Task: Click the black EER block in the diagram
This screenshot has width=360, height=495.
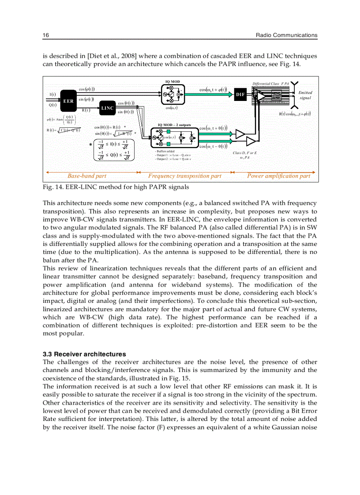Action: [x=68, y=100]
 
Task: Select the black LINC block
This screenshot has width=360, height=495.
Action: [x=107, y=108]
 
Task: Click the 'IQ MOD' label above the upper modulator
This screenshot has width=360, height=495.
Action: [x=172, y=82]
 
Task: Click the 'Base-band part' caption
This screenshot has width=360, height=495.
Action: [x=87, y=176]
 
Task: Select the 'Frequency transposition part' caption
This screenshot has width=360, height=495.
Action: [x=184, y=176]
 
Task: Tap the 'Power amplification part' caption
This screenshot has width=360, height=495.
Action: [x=278, y=176]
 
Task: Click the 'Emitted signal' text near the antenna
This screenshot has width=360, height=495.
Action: [x=305, y=95]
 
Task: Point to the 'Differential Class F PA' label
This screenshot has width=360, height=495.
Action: [x=270, y=83]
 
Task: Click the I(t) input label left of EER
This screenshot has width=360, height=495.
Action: [x=52, y=94]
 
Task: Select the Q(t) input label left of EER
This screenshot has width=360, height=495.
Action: [x=52, y=105]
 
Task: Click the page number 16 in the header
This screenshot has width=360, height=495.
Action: [x=45, y=35]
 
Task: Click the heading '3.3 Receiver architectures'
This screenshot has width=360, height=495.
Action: [x=84, y=354]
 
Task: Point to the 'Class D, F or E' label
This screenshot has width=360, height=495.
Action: [x=245, y=153]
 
